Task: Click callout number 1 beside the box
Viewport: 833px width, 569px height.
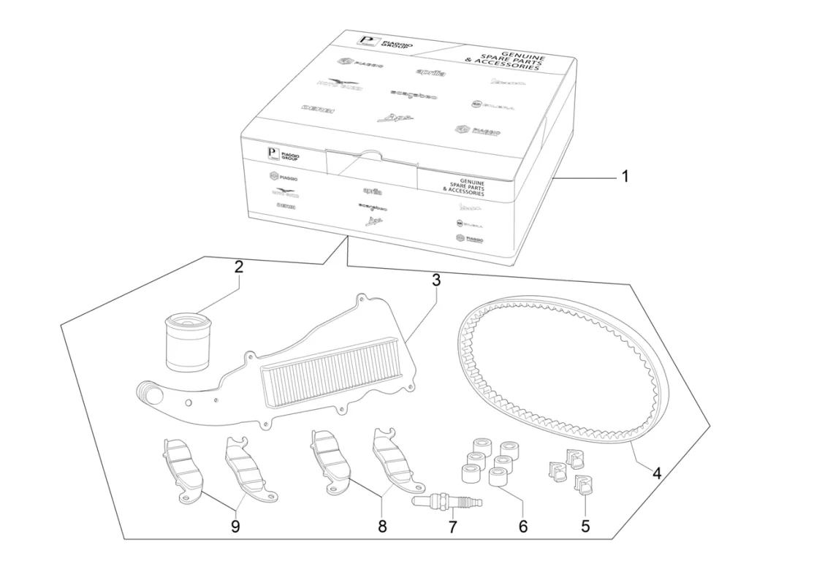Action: coord(624,177)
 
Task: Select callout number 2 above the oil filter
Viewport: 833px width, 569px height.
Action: coord(238,267)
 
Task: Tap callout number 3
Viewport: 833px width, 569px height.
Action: coord(435,280)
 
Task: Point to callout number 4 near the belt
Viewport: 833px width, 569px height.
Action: coord(656,473)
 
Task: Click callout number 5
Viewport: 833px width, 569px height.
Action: coord(585,525)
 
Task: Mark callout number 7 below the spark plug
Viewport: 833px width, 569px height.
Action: coord(452,525)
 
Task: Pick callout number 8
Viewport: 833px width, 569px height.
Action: coord(381,525)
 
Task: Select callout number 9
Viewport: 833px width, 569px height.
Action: coord(235,525)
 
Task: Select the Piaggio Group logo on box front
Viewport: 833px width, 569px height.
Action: coord(285,155)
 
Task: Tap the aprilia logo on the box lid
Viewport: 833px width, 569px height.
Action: coord(431,72)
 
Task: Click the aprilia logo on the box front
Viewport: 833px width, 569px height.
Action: coord(372,191)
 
